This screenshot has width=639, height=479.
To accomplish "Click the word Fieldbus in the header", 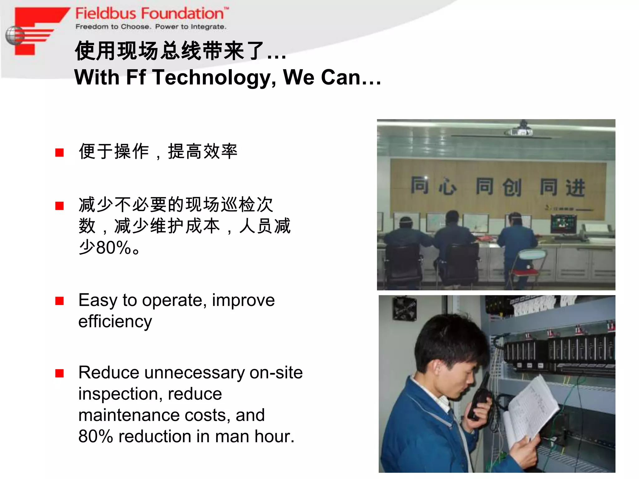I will (x=105, y=14).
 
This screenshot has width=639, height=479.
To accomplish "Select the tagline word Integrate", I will (x=208, y=27).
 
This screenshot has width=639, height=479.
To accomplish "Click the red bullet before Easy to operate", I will (x=59, y=301).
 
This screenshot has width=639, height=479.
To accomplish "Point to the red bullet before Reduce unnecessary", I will (x=59, y=373).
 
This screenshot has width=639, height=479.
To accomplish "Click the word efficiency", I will (x=115, y=322).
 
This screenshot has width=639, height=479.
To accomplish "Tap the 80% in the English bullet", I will (x=95, y=436).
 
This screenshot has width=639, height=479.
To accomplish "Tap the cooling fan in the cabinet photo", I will (x=405, y=308).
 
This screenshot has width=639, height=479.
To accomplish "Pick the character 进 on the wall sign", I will (x=575, y=188).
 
